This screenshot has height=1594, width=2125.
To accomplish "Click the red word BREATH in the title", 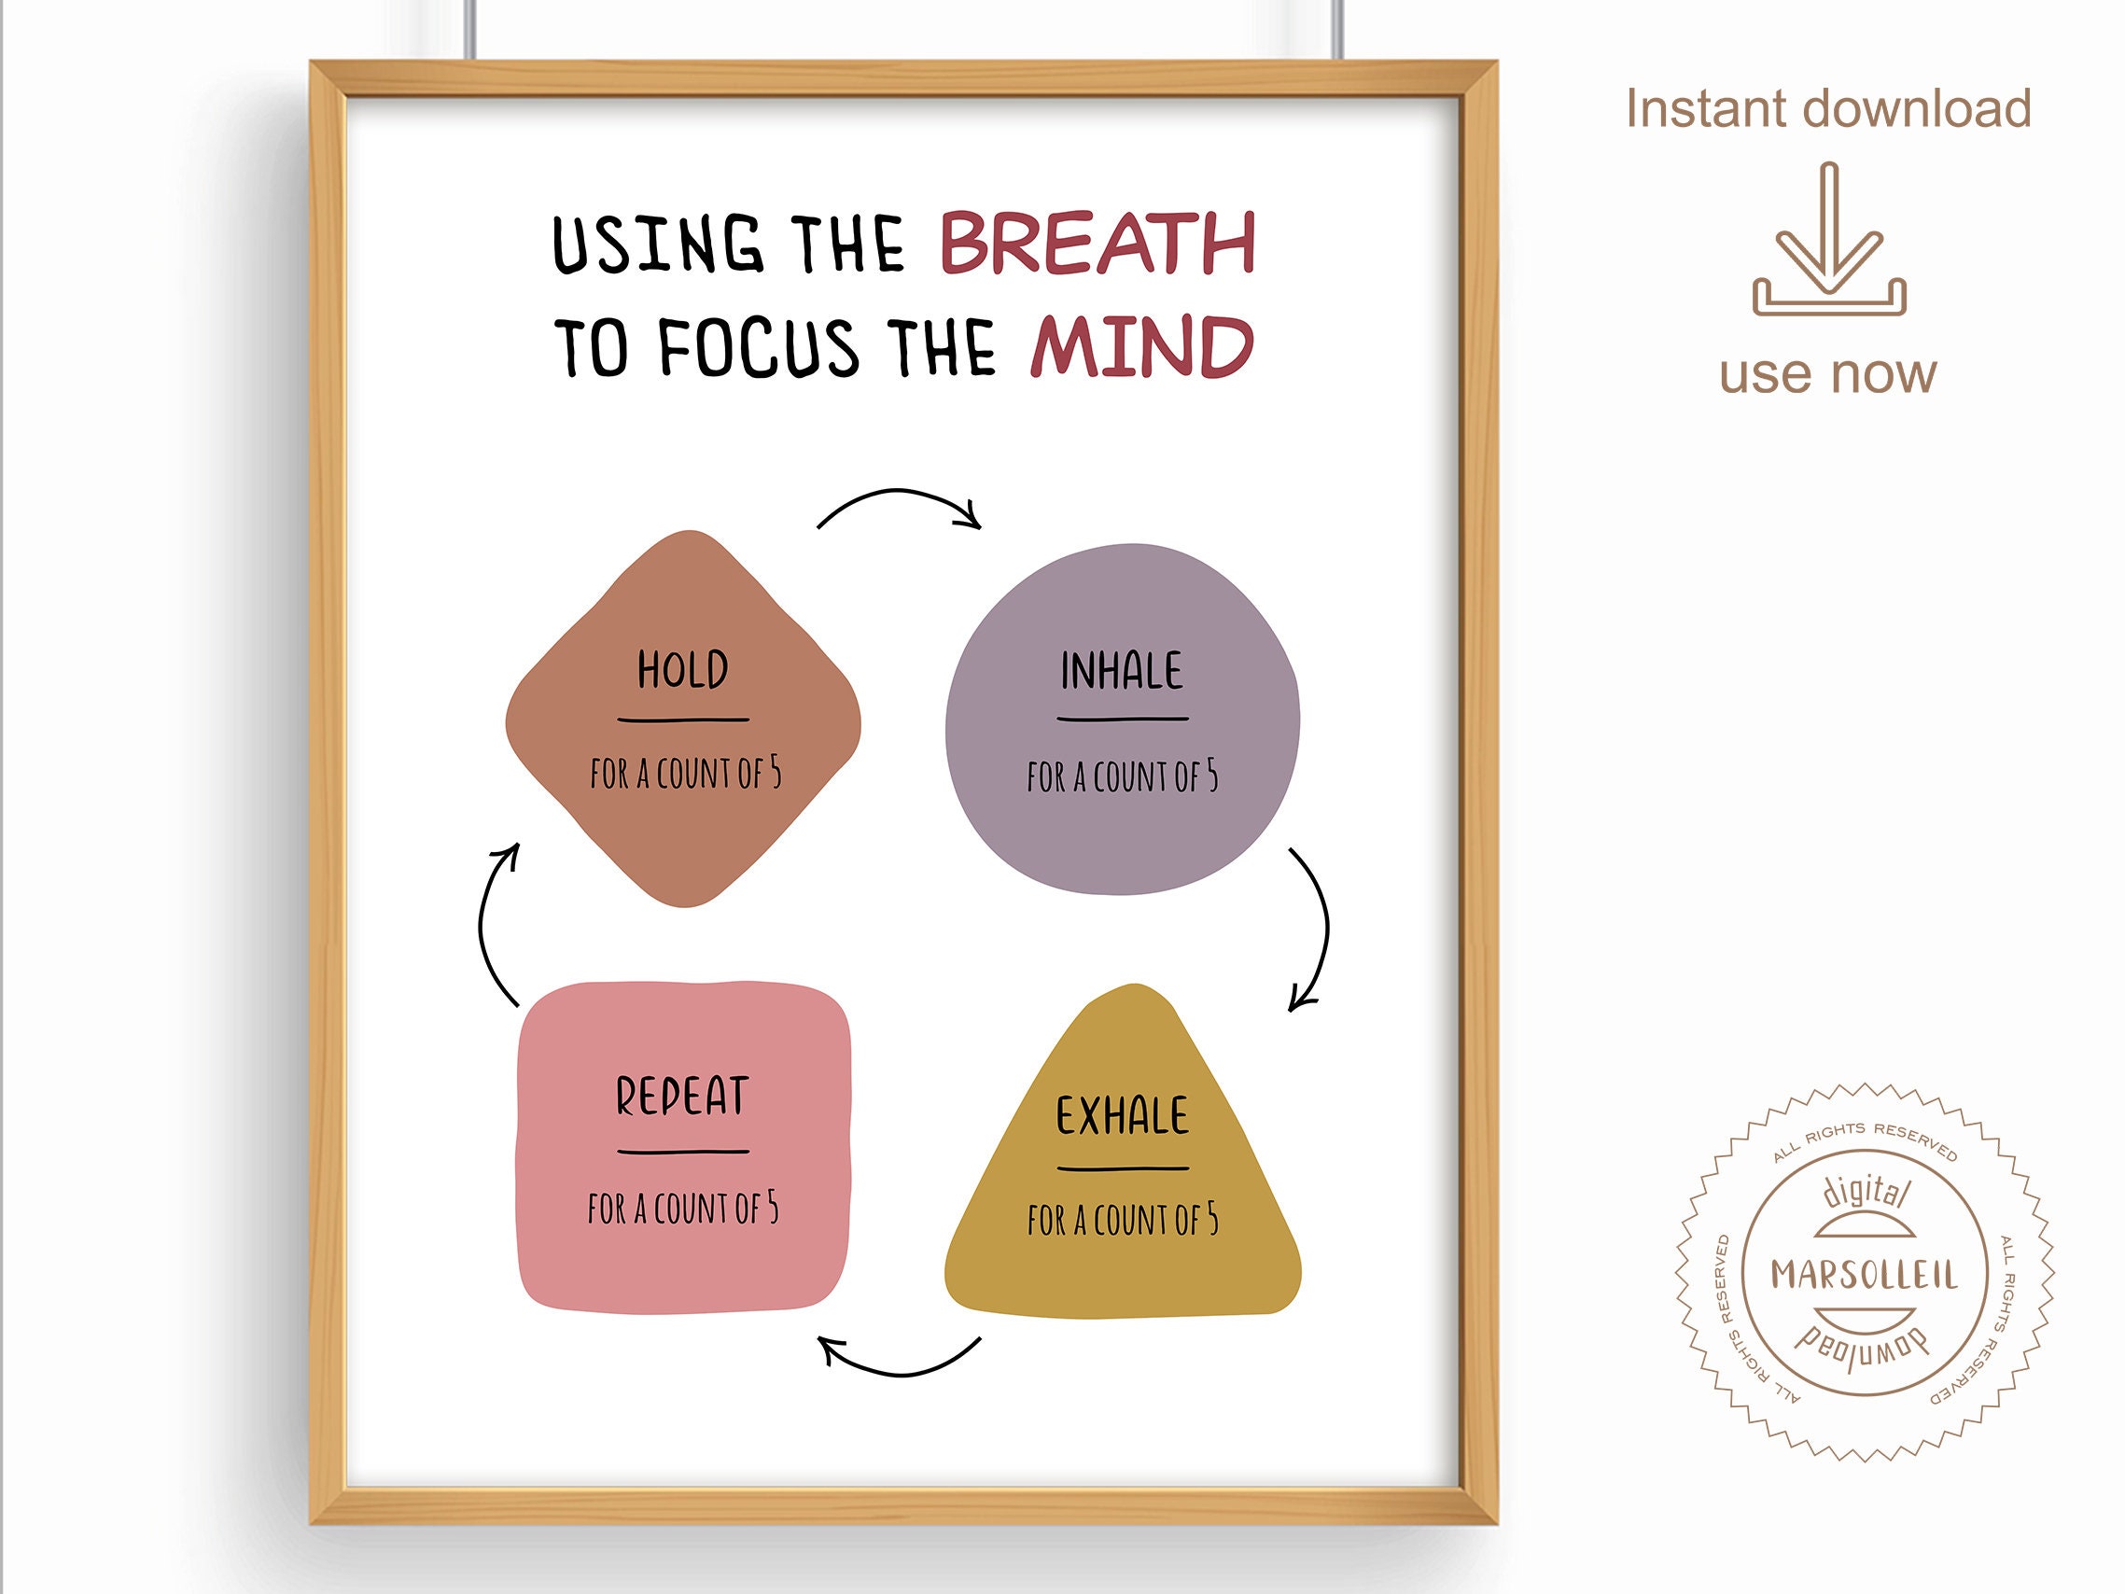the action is point(1098,243).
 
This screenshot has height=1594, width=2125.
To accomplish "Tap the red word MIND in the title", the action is point(1142,346).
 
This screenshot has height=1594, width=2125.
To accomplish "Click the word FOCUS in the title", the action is point(759,347).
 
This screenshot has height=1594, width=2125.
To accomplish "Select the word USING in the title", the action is point(658,245).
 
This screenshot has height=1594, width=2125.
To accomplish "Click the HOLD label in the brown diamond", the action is point(683,670).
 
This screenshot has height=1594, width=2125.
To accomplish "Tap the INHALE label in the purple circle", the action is point(1122,671).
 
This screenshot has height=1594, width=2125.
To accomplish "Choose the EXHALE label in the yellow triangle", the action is point(1122,1115).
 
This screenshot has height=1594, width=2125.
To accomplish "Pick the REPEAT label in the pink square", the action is point(682,1097).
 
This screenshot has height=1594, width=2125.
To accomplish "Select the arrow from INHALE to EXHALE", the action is point(1326,928).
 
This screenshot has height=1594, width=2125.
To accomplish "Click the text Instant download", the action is point(1828,108).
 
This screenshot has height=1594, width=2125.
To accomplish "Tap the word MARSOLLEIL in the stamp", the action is point(1865,1275).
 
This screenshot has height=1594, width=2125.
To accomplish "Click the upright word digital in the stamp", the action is point(1866,1193).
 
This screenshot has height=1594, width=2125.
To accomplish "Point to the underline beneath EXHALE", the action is point(1123,1169).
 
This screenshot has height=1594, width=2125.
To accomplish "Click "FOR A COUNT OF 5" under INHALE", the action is point(1122,776).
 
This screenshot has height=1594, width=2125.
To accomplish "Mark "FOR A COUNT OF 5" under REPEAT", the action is point(683,1208).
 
